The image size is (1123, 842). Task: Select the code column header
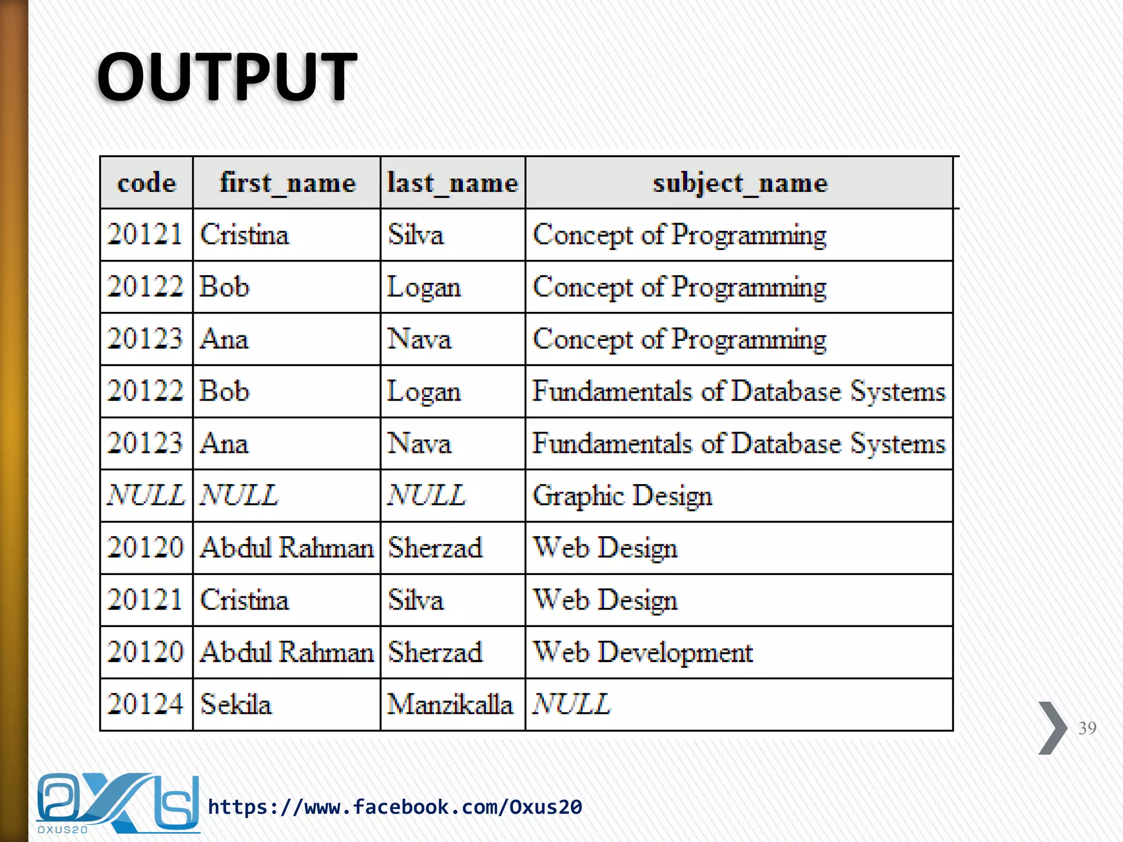[146, 183]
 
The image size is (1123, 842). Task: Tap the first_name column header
[287, 183]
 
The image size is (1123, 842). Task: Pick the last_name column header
[452, 183]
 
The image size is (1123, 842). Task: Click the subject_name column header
[740, 183]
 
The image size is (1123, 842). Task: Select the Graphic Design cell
[622, 496]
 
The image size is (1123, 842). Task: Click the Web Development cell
[643, 652]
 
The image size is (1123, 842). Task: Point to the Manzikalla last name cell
[450, 704]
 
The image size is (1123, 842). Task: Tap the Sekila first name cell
[236, 704]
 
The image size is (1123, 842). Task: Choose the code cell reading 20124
[145, 704]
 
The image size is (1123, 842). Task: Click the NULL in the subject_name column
[571, 704]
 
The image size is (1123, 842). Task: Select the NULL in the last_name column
[427, 496]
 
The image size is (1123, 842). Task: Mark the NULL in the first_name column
[239, 496]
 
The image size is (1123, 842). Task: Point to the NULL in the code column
[146, 496]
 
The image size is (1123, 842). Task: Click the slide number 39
[1087, 728]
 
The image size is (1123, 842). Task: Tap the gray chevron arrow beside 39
[1052, 728]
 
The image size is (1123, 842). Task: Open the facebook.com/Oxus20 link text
[395, 807]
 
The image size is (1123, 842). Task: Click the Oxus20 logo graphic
[117, 803]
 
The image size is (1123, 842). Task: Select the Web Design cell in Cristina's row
[605, 600]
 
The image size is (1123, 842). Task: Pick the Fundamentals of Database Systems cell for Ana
[739, 443]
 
